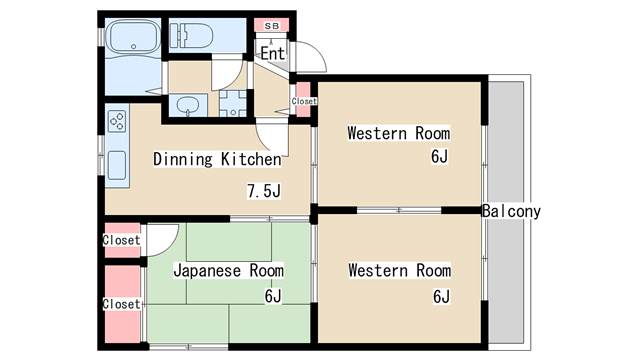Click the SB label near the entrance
[271, 26]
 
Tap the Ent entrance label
[273, 53]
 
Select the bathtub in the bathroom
[133, 36]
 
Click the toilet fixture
[191, 36]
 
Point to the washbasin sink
[188, 105]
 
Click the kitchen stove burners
[117, 121]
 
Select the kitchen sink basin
[117, 165]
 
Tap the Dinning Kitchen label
[217, 159]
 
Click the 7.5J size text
[264, 191]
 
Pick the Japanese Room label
[229, 271]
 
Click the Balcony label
[511, 211]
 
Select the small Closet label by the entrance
[304, 101]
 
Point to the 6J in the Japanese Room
[273, 296]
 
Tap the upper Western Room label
[399, 133]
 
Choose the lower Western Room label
[400, 271]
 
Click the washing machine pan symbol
[233, 103]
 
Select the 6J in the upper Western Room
[439, 156]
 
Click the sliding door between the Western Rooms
[399, 210]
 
